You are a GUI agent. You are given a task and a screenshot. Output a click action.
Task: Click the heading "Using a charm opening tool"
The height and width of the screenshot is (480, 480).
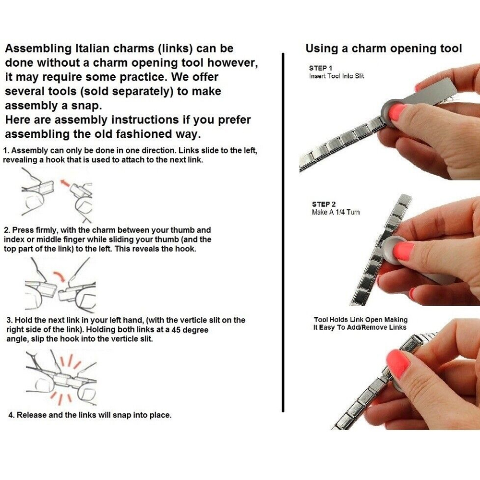pos(384,48)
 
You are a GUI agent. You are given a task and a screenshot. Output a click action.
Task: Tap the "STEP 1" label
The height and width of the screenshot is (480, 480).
pos(321,68)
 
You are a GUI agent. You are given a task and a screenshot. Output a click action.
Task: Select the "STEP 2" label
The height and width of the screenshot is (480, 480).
pos(324,204)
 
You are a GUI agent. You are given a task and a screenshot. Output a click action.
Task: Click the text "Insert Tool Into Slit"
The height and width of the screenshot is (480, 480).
pos(336,76)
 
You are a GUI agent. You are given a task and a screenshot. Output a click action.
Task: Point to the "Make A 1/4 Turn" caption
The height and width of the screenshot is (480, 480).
pos(336,212)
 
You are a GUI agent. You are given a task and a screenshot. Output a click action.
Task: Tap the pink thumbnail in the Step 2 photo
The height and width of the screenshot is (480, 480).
pos(404,251)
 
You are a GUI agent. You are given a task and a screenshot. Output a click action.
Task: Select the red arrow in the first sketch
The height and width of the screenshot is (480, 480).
pos(65,184)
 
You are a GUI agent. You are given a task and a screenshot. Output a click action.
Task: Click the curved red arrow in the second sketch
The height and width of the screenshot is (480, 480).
pos(60,276)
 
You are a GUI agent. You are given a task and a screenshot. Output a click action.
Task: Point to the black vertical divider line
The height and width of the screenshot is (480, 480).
pos(283,232)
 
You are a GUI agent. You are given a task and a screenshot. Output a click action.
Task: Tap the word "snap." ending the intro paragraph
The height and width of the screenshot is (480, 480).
pos(86,106)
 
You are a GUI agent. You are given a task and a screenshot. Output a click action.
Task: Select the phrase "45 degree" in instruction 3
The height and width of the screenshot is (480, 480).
pos(190,330)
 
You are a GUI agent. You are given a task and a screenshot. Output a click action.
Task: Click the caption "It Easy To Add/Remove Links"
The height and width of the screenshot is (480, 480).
pos(360,327)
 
